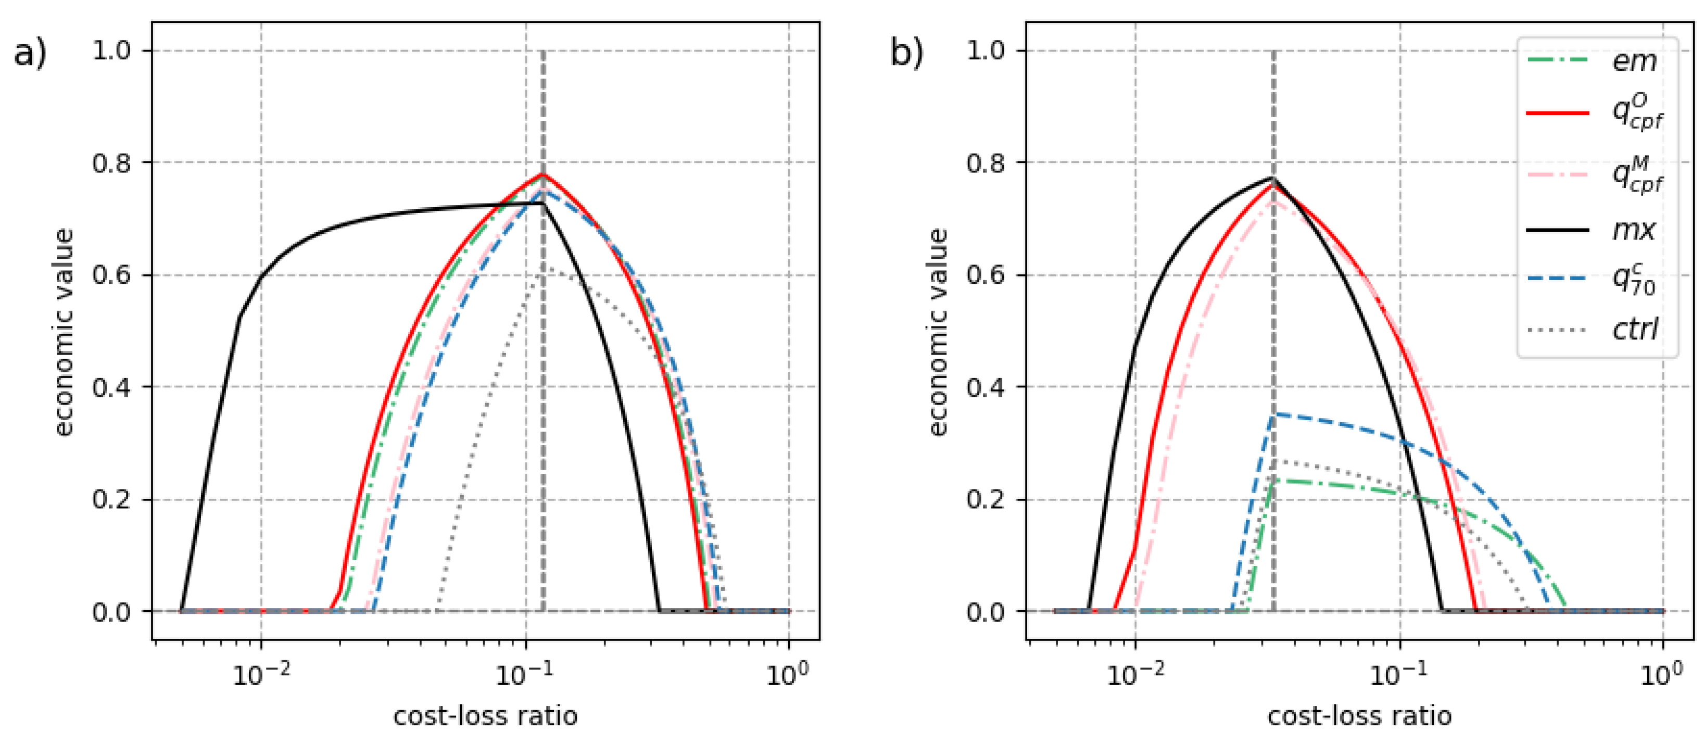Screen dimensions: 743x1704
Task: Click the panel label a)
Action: coord(30,53)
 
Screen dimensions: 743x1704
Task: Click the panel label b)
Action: coord(906,53)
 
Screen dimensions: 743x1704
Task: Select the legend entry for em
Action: coord(1634,61)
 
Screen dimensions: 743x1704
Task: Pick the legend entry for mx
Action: coord(1634,230)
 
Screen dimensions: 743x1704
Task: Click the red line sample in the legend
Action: coord(1557,113)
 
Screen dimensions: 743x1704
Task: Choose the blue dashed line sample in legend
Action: coord(1557,279)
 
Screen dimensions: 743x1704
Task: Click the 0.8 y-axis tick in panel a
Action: coord(111,163)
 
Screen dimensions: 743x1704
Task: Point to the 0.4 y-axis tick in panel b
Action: coord(986,387)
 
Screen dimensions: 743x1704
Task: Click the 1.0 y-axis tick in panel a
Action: coord(111,51)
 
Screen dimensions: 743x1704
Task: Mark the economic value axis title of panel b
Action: coord(938,332)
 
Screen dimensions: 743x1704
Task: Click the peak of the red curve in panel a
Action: coord(543,174)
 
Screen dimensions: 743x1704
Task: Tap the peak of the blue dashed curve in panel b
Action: coord(1274,414)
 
